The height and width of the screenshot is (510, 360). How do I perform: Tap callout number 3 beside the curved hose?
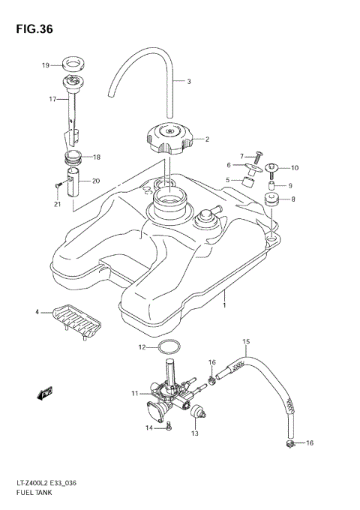pos(189,81)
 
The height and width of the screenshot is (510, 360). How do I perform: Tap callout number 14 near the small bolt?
pos(149,427)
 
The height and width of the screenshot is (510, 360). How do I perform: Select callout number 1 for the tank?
pos(223,306)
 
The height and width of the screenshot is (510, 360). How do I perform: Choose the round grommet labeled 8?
pos(271,199)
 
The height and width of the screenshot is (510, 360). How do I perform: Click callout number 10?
pos(295,167)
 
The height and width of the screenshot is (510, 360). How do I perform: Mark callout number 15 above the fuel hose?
pos(244,342)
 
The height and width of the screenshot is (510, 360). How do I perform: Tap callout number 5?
pos(227,180)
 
